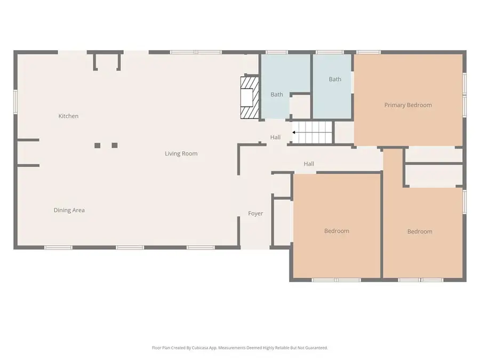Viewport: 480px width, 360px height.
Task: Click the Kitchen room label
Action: [x=68, y=116]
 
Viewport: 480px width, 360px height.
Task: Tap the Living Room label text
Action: [x=181, y=154]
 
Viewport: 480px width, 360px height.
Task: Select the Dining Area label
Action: [x=69, y=210]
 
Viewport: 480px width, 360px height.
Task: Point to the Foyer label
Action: [x=255, y=213]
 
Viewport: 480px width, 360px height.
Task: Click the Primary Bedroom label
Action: [x=408, y=105]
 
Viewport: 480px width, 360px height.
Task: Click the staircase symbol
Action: [x=314, y=132]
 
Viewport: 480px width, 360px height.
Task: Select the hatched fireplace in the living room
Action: [x=250, y=98]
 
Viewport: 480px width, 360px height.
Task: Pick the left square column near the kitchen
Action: [x=97, y=145]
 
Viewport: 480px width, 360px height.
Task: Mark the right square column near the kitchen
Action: [x=114, y=145]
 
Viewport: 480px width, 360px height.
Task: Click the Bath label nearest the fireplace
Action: [x=276, y=94]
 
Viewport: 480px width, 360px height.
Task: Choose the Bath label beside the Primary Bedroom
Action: [x=334, y=79]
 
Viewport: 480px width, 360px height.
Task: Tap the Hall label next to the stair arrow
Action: [x=275, y=137]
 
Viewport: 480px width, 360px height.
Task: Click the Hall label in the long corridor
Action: [x=309, y=164]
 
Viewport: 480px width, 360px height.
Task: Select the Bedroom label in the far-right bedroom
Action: [x=420, y=231]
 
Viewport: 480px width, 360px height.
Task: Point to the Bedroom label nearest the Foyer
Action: [x=337, y=231]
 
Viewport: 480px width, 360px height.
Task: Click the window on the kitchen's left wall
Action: [x=15, y=101]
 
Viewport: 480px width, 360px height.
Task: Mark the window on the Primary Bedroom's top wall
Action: [x=368, y=52]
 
